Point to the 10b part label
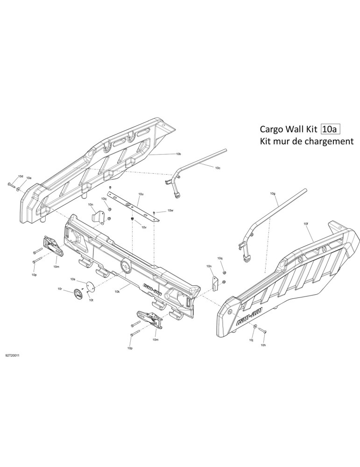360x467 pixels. click(x=178, y=154)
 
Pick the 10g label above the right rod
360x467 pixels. click(x=273, y=193)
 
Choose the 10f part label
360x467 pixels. click(x=306, y=223)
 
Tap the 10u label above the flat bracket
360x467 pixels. click(x=141, y=194)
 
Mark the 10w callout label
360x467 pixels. click(x=170, y=211)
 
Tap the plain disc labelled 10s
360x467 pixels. click(x=90, y=285)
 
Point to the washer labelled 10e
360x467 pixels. click(x=19, y=189)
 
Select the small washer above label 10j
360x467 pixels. click(x=254, y=333)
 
